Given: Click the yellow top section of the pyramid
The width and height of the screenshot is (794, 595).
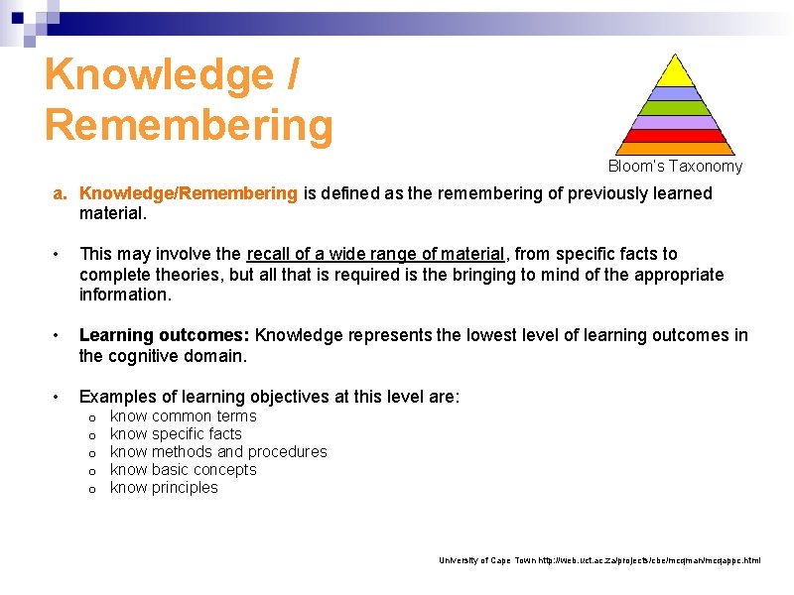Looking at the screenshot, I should (x=675, y=71).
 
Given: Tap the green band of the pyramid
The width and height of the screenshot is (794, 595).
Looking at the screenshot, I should (x=675, y=108).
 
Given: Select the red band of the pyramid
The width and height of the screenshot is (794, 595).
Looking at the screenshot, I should (x=675, y=136).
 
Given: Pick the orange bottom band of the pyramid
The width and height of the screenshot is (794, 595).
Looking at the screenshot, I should (x=675, y=149).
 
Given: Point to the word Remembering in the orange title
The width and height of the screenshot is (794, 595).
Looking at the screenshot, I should (x=189, y=125).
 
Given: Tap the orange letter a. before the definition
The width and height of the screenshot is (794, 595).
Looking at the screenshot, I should (x=61, y=192).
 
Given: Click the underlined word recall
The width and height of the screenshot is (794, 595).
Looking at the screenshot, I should (x=270, y=254).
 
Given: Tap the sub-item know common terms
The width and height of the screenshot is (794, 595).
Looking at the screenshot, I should (x=184, y=416).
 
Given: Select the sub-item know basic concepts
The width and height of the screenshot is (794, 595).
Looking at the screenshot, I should (x=184, y=470).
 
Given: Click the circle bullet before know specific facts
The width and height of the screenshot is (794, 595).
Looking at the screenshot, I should (x=91, y=435).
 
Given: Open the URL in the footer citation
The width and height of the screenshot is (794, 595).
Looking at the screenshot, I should (x=649, y=561).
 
